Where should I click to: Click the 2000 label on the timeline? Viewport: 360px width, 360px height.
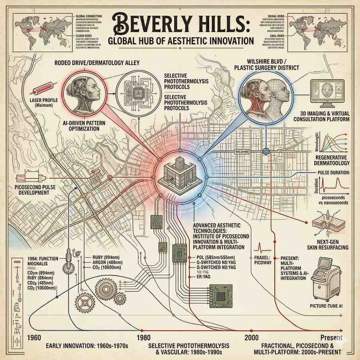click(x=252, y=336)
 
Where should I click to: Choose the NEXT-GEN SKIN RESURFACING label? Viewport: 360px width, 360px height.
click(x=326, y=245)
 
